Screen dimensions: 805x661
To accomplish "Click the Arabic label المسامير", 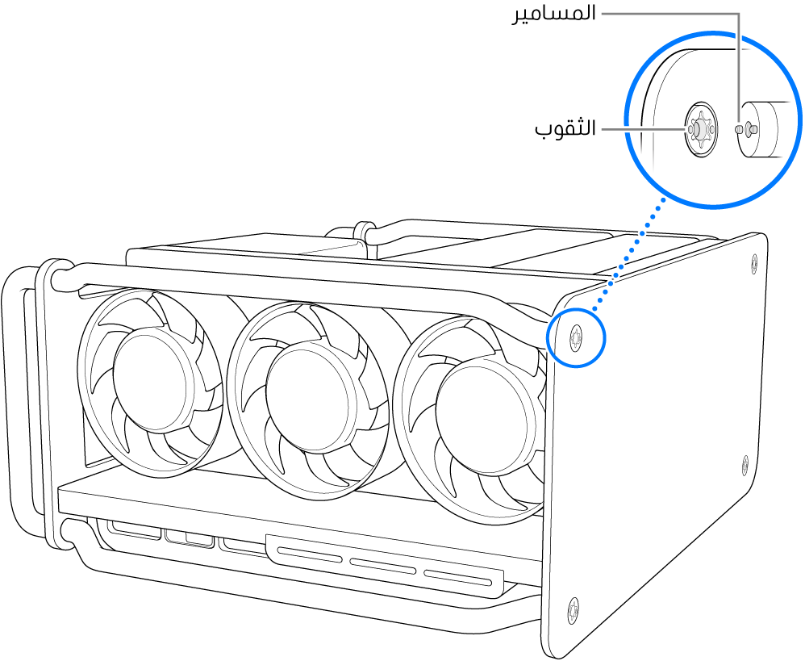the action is pyautogui.click(x=555, y=14).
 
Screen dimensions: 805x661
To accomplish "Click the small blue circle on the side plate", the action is pyautogui.click(x=575, y=337).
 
